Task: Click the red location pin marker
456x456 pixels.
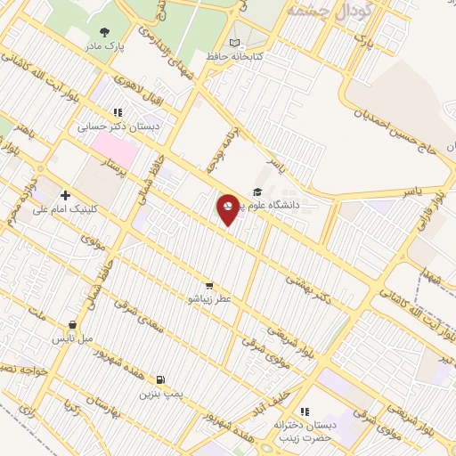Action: point(228,208)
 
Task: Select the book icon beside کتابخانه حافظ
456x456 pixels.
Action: point(234,43)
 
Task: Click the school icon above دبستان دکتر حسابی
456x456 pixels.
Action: point(117,113)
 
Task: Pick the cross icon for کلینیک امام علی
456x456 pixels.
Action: point(64,195)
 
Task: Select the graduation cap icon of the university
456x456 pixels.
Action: point(257,192)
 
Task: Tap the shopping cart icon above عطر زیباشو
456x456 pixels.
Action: point(208,286)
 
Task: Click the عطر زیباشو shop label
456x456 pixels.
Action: point(209,299)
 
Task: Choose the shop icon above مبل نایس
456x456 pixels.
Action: point(71,325)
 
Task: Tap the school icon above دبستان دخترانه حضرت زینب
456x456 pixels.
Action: point(305,411)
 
